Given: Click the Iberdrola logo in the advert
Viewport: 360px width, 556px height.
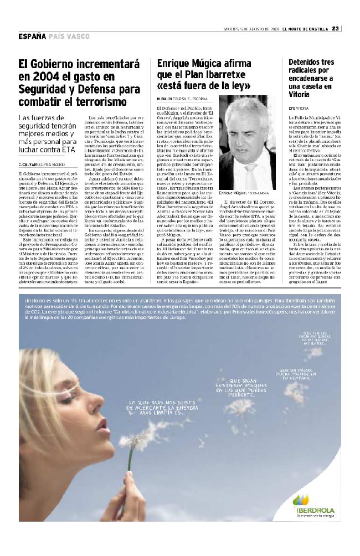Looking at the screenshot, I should (x=312, y=503).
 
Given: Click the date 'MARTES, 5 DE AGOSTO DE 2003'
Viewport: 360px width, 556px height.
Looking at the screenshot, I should (x=248, y=29).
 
